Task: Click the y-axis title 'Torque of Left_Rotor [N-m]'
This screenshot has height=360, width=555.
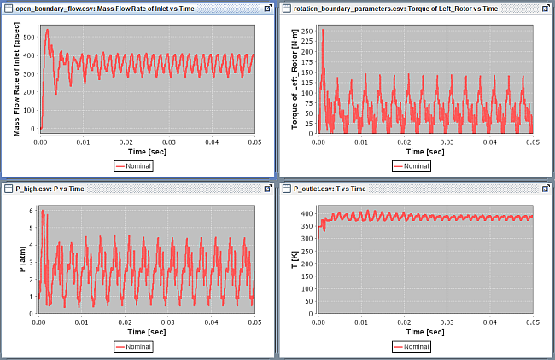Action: tap(295, 78)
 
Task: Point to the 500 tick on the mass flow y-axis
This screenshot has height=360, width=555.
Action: tap(28, 38)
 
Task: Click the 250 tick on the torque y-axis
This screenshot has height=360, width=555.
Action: tap(307, 30)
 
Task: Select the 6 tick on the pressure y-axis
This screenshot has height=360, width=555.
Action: tap(32, 210)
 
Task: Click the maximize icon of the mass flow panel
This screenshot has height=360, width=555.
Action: tap(267, 8)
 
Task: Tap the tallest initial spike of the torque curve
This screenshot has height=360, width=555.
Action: tap(323, 31)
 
